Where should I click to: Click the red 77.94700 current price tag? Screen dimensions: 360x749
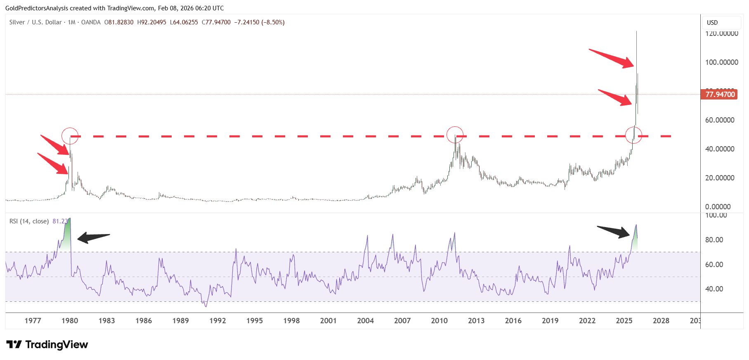pos(720,95)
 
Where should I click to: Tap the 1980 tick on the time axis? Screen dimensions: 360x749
pos(70,321)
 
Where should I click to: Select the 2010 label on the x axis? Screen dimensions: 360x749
pos(439,321)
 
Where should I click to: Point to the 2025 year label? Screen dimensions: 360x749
pos(624,321)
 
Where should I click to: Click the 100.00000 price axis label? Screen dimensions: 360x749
pos(721,62)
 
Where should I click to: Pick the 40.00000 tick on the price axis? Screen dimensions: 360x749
pos(720,149)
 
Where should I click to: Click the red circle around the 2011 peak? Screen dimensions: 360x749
pos(455,135)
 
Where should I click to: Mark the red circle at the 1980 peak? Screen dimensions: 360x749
pos(70,136)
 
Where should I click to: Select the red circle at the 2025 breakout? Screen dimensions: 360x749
pos(633,135)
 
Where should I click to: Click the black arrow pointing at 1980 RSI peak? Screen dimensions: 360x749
pos(93,237)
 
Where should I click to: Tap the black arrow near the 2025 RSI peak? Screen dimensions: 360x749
pos(614,232)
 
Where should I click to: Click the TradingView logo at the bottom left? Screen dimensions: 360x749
pos(47,345)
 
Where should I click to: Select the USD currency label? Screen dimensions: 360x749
pos(712,23)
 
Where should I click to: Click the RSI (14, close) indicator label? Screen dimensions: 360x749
pos(29,221)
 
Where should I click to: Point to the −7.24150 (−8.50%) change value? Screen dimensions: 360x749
pos(259,22)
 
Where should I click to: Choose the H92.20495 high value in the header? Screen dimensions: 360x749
pos(151,22)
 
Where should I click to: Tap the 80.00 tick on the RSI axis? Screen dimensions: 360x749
pos(714,240)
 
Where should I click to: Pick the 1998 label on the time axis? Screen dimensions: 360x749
pos(291,321)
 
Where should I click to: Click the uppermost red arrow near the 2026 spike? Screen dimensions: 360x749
pos(611,58)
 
